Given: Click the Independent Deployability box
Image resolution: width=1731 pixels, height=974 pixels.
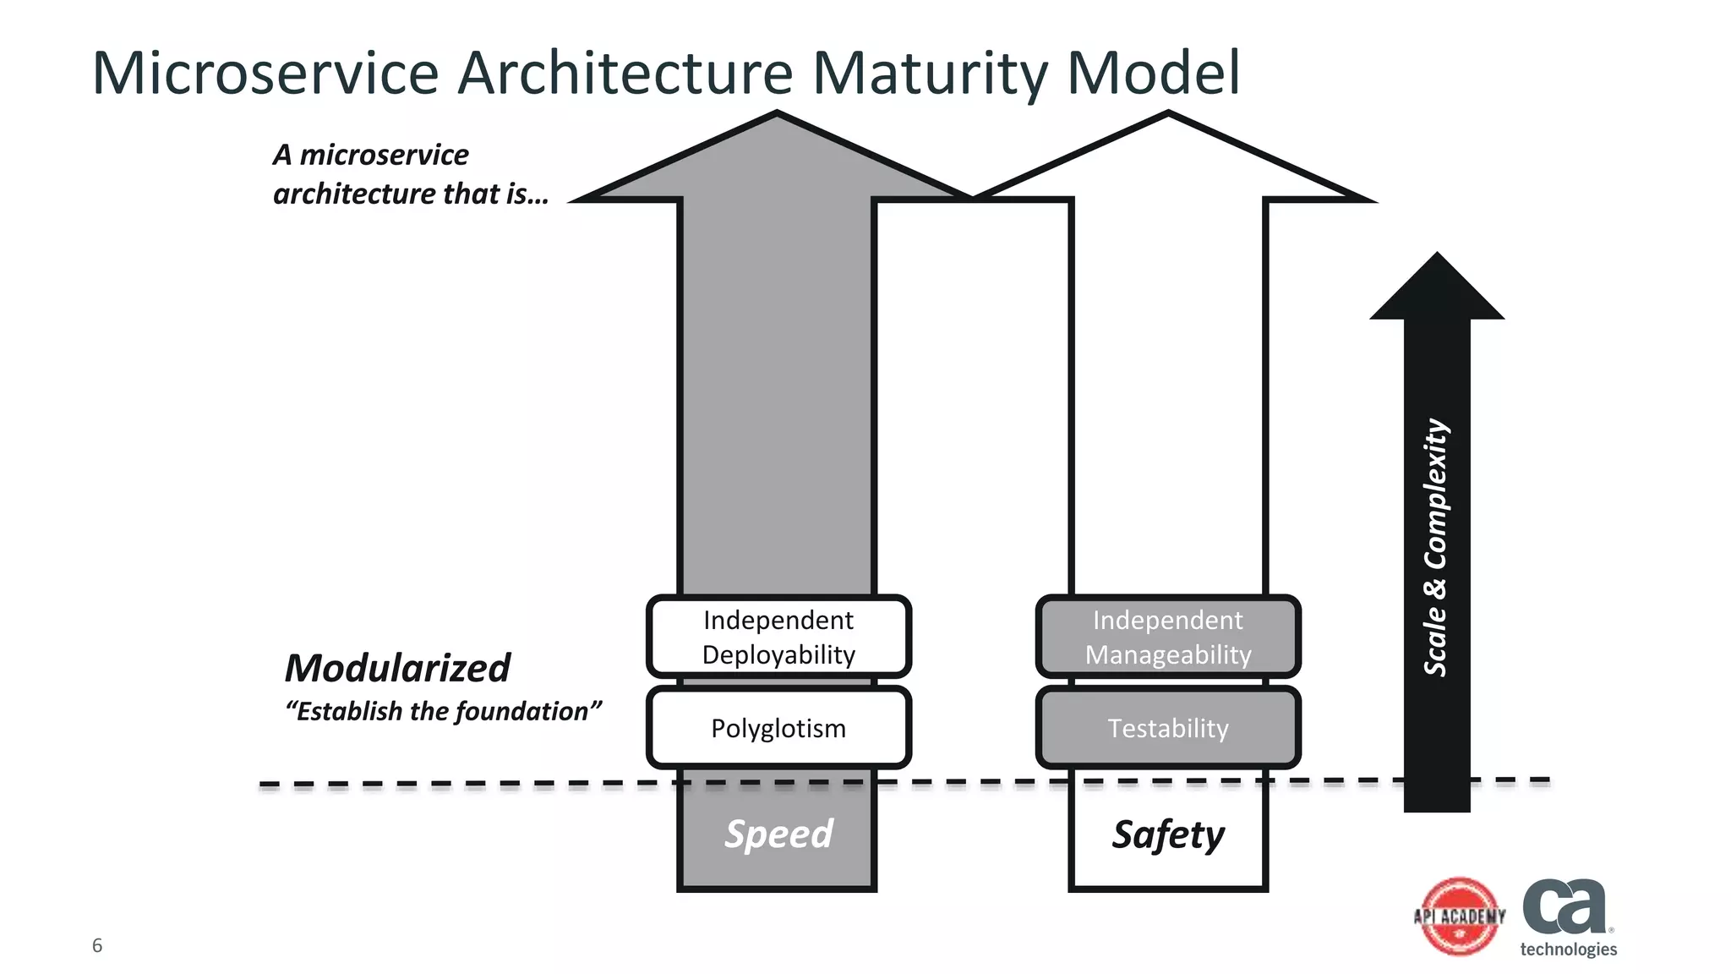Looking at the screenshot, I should pos(778,637).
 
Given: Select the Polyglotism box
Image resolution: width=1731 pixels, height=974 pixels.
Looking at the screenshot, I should pos(778,728).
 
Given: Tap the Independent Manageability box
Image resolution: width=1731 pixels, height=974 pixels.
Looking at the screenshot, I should pos(1167,637).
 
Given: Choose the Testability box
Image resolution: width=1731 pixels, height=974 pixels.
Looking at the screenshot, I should pos(1167,728).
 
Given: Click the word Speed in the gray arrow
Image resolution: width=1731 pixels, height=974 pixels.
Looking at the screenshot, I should pos(778,834).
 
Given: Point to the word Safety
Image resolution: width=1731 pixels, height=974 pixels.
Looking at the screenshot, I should pos(1167,834).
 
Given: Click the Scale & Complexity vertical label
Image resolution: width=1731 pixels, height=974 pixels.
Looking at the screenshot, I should pos(1436,547).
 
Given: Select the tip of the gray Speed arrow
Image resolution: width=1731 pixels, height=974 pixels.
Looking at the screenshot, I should pos(777,118).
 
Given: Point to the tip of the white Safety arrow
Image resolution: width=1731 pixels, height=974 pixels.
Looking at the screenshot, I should pos(1168,118).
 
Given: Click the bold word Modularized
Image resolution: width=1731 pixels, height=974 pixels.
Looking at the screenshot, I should pos(397,668).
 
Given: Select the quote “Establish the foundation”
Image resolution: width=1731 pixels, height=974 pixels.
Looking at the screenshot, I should pos(444,711).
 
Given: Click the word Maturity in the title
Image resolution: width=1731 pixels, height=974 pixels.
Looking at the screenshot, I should pos(930,73).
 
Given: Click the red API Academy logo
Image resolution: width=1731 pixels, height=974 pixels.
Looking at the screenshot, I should pos(1460,917).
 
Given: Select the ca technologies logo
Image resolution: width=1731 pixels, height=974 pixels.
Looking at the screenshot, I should pos(1568,917).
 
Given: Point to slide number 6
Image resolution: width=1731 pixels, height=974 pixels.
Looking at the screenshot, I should pos(97,945).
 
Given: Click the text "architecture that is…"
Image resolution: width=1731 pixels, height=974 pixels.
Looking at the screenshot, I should pos(411,194).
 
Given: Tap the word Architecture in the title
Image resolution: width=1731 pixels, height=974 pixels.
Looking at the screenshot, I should pos(625,73).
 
